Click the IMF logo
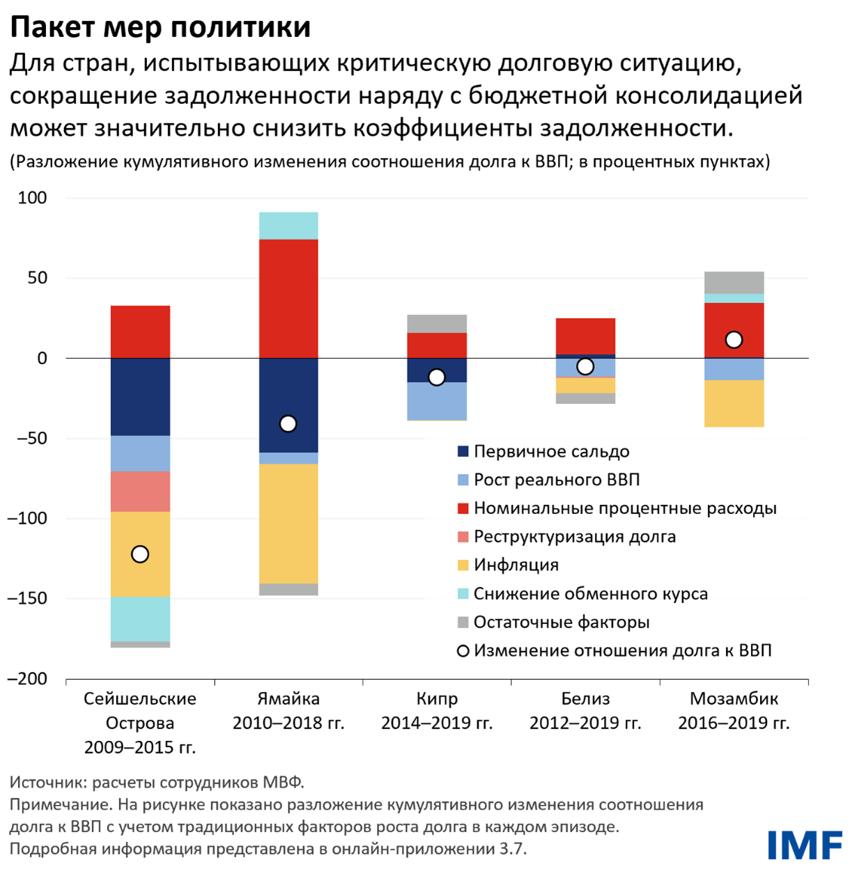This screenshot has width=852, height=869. [x=804, y=845]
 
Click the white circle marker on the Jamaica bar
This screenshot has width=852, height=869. [x=288, y=423]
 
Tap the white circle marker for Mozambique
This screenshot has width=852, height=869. [x=734, y=340]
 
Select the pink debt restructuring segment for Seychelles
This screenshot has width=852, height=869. [x=140, y=492]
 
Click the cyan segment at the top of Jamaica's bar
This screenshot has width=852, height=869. [x=288, y=226]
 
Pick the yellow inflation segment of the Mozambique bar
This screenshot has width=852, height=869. [x=734, y=403]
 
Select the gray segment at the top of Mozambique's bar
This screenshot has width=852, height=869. [x=734, y=282]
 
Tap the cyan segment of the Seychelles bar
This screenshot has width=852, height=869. [x=140, y=619]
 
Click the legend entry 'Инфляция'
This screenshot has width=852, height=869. [x=516, y=565]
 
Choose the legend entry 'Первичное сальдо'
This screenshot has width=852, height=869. [x=550, y=451]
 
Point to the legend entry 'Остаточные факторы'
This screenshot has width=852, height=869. [x=561, y=622]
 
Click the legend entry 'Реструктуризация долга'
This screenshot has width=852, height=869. [x=574, y=537]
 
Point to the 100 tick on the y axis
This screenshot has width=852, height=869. [x=33, y=198]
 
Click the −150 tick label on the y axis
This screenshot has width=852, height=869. [x=28, y=598]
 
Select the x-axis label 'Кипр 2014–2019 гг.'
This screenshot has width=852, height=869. [x=437, y=711]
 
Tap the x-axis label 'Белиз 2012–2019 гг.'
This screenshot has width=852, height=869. [x=585, y=711]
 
